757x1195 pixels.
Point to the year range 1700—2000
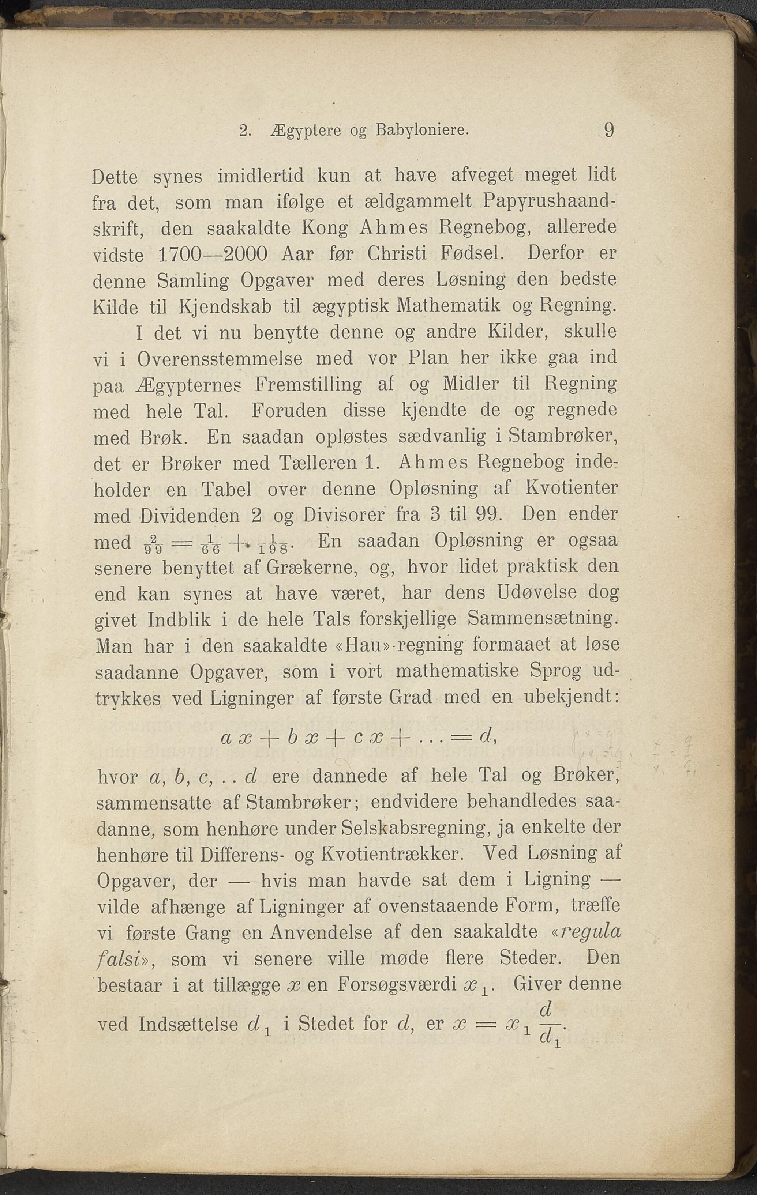pos(213,255)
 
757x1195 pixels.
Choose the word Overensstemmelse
pos(220,358)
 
